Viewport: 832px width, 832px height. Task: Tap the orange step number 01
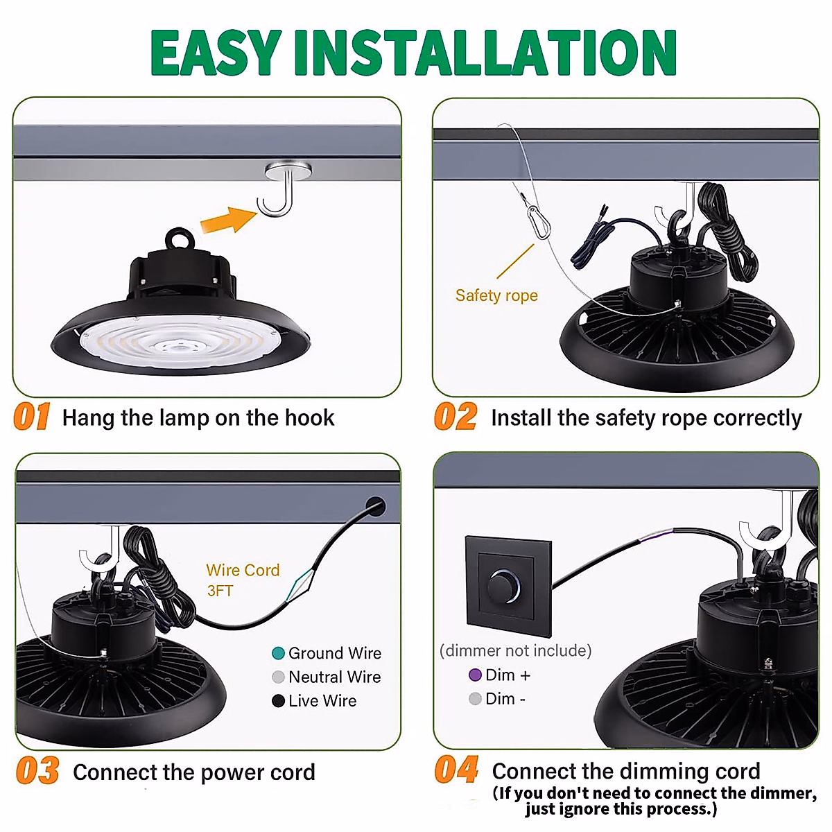tap(32, 417)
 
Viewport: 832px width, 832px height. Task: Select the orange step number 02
tap(455, 417)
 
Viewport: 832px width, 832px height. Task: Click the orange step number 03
tap(37, 771)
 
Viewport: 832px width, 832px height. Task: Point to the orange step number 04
tap(456, 770)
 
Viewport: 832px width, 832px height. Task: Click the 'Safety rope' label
tap(496, 296)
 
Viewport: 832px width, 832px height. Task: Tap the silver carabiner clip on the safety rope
tap(539, 222)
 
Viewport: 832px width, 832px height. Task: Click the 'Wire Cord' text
tap(243, 571)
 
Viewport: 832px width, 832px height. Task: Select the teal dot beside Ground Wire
tap(278, 653)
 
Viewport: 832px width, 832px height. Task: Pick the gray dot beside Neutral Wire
tap(278, 677)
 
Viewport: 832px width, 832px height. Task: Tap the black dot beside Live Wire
tap(278, 701)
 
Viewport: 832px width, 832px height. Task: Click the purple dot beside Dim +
tap(475, 675)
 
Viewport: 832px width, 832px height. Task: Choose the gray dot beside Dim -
tap(475, 699)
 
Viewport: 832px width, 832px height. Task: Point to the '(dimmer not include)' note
tap(516, 650)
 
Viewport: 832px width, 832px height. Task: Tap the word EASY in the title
tap(216, 53)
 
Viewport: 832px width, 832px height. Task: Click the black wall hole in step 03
tap(375, 507)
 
